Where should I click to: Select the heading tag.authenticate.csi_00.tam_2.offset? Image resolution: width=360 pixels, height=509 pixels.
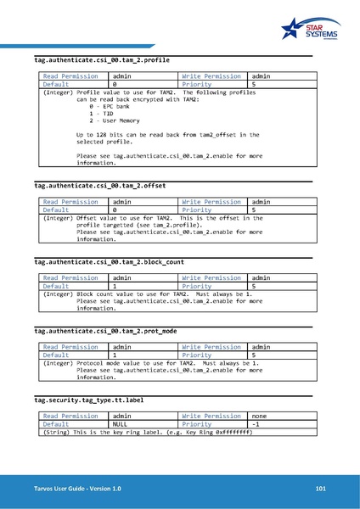click(93, 186)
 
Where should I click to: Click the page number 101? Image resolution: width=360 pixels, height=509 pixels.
click(320, 489)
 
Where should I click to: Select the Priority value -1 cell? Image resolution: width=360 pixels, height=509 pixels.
click(257, 424)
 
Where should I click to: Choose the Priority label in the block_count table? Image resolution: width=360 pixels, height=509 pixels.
click(197, 286)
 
